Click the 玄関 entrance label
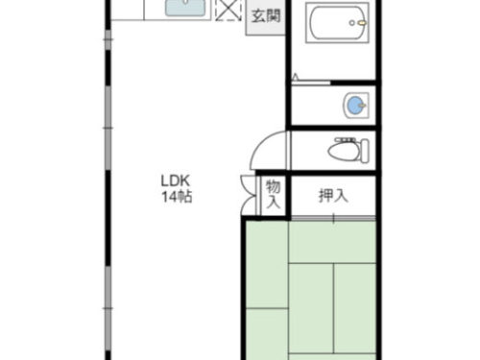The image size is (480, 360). click(x=266, y=16)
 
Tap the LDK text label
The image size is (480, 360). click(x=176, y=181)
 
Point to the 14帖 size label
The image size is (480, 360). click(x=177, y=197)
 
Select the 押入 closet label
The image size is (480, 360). click(x=333, y=196)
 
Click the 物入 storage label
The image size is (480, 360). click(x=274, y=194)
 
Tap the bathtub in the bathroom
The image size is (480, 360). click(x=337, y=22)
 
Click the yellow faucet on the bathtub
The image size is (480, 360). click(x=362, y=23)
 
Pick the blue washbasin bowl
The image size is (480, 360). click(x=354, y=106)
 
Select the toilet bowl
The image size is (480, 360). click(x=344, y=151)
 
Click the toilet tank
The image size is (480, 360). click(x=364, y=150)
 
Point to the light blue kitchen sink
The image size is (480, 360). click(x=185, y=8)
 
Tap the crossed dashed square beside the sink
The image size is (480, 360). click(x=228, y=11)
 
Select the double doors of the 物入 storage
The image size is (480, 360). click(x=249, y=195)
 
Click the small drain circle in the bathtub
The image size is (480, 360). click(x=352, y=23)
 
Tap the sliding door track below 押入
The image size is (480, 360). click(x=333, y=219)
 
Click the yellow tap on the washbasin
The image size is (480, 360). click(x=362, y=105)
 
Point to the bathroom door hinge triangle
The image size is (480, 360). click(x=295, y=77)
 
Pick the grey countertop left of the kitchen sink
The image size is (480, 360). click(x=127, y=10)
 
